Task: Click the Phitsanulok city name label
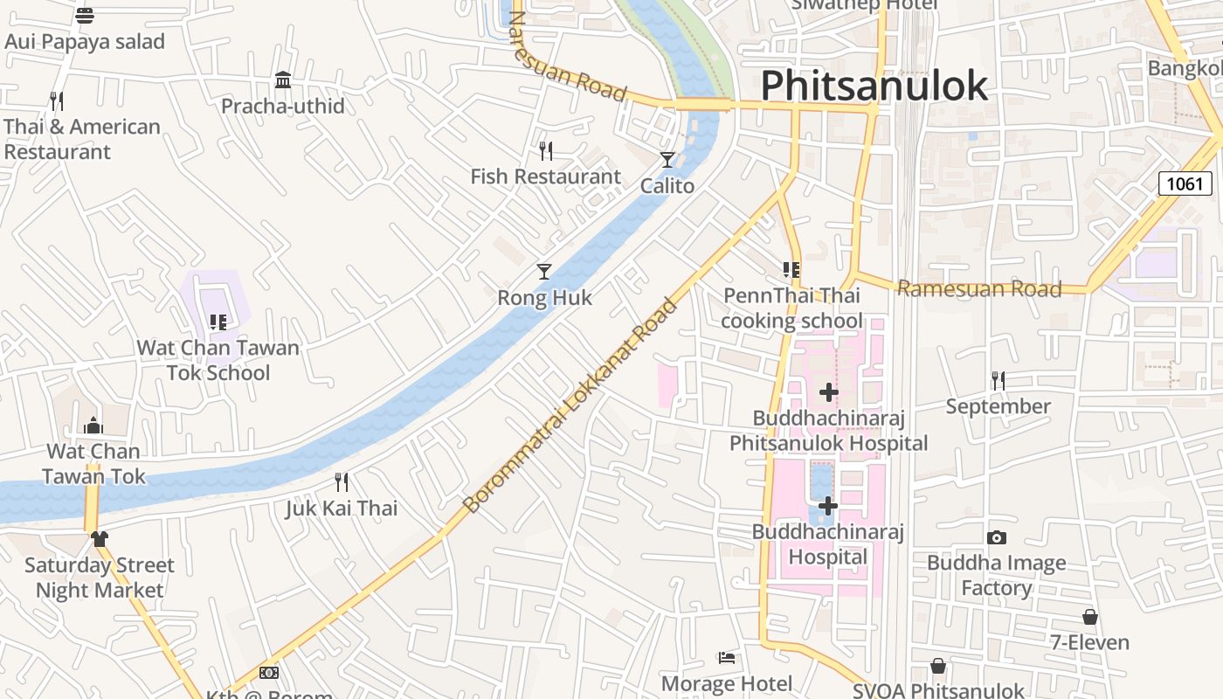[874, 86]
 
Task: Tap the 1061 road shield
[1185, 183]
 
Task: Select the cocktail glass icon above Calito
[667, 159]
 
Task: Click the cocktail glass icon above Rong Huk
[544, 272]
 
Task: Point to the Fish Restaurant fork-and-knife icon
[546, 151]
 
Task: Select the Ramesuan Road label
[979, 288]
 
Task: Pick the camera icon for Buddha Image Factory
[996, 537]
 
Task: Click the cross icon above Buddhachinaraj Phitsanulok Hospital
[828, 392]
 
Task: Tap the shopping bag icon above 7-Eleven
[1089, 617]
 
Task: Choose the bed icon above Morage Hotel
[726, 657]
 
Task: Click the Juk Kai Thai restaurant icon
[342, 481]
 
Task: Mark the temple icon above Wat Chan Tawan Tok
[93, 426]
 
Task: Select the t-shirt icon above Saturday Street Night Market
[99, 538]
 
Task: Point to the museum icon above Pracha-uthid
[283, 80]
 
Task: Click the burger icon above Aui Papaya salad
[85, 15]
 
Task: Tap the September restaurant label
[998, 406]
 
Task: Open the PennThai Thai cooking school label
[791, 308]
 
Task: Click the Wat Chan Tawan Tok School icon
[218, 322]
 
